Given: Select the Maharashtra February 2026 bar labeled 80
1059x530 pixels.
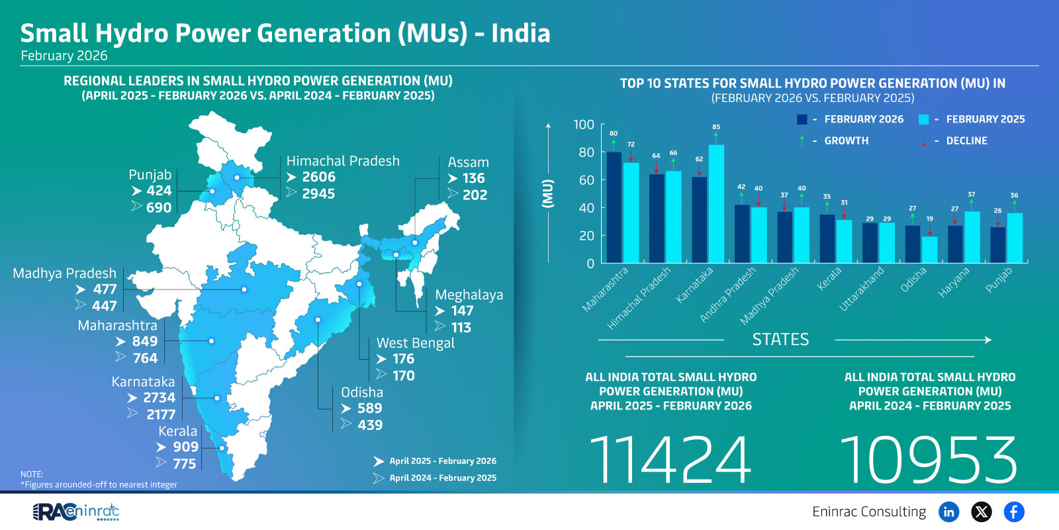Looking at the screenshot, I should pos(614,207).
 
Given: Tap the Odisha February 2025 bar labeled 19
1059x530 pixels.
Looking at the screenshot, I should pos(930,250).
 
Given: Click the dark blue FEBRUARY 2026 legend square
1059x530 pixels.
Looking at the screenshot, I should pos(802,119).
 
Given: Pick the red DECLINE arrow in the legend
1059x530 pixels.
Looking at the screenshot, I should pos(923,141).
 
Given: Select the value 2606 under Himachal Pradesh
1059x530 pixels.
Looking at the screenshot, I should pos(318,177).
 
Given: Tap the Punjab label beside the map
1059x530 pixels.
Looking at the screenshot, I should pos(150,175).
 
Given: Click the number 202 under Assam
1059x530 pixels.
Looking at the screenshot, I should pos(475,195).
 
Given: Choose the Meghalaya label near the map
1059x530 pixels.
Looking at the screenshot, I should pos(469,295).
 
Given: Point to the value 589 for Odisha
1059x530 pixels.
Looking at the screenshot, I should pos(369,408).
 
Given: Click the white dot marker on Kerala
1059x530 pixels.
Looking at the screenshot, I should pos(222,448).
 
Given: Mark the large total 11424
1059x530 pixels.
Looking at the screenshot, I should pos(670,460).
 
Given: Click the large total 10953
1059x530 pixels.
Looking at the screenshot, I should pos(929,460).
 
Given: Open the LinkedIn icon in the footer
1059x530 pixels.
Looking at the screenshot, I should pos(948,511).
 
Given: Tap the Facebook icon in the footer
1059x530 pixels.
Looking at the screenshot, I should pos(1014,511).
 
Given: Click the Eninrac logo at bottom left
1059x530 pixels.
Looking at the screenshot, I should pos(76,511).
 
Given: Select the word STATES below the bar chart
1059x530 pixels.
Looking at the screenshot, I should pos(780,340).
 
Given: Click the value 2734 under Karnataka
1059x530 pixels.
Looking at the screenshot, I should pos(159,397).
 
